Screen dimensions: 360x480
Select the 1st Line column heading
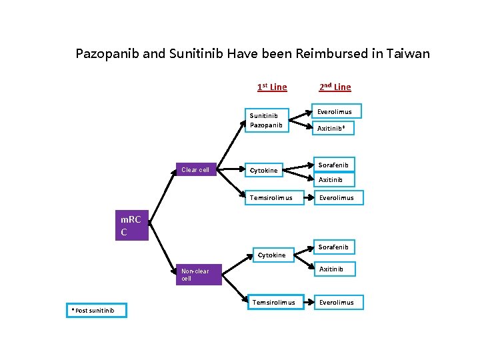(x=272, y=87)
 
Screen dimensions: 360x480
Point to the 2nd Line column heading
(x=335, y=87)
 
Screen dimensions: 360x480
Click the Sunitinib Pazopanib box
(x=266, y=120)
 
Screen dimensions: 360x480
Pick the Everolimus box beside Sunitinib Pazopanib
(x=335, y=111)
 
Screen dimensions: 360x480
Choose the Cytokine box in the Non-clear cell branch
(x=271, y=255)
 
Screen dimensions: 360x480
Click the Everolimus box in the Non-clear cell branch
(x=336, y=302)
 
